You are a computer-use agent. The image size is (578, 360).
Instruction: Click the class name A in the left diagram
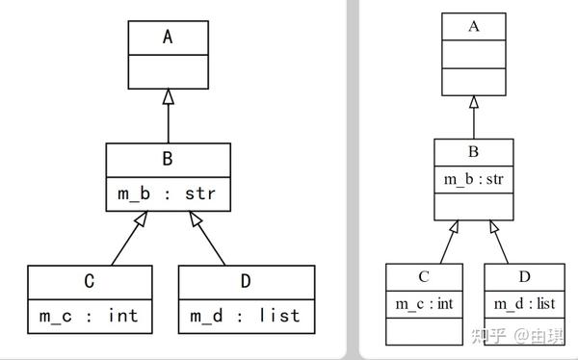click(x=168, y=38)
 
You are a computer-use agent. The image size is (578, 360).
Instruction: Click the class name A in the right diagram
click(x=473, y=26)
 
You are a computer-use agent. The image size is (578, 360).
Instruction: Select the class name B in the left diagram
click(x=168, y=159)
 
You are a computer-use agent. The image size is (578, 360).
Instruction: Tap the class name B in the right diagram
click(x=473, y=151)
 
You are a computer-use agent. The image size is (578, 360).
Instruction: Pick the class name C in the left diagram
click(x=89, y=281)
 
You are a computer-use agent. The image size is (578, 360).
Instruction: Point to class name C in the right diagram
click(x=424, y=276)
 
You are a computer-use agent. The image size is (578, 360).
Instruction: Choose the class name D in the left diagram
click(x=245, y=281)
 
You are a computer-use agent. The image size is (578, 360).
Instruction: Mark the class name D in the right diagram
click(x=525, y=276)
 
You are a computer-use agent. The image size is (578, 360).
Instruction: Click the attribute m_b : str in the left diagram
click(x=168, y=193)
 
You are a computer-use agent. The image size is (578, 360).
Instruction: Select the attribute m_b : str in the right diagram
click(x=473, y=178)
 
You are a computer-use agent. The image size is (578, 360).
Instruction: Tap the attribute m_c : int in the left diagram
click(x=89, y=315)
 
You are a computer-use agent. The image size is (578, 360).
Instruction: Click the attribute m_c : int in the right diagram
click(x=424, y=304)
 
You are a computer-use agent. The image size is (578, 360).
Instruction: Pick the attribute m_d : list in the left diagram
click(x=245, y=315)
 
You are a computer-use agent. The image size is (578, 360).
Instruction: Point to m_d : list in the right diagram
click(x=525, y=304)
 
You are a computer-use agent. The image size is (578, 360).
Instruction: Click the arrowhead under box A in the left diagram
click(x=168, y=97)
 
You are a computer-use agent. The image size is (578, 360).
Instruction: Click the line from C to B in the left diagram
click(x=126, y=244)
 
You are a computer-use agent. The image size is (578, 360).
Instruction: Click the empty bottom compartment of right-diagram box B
click(x=473, y=206)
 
